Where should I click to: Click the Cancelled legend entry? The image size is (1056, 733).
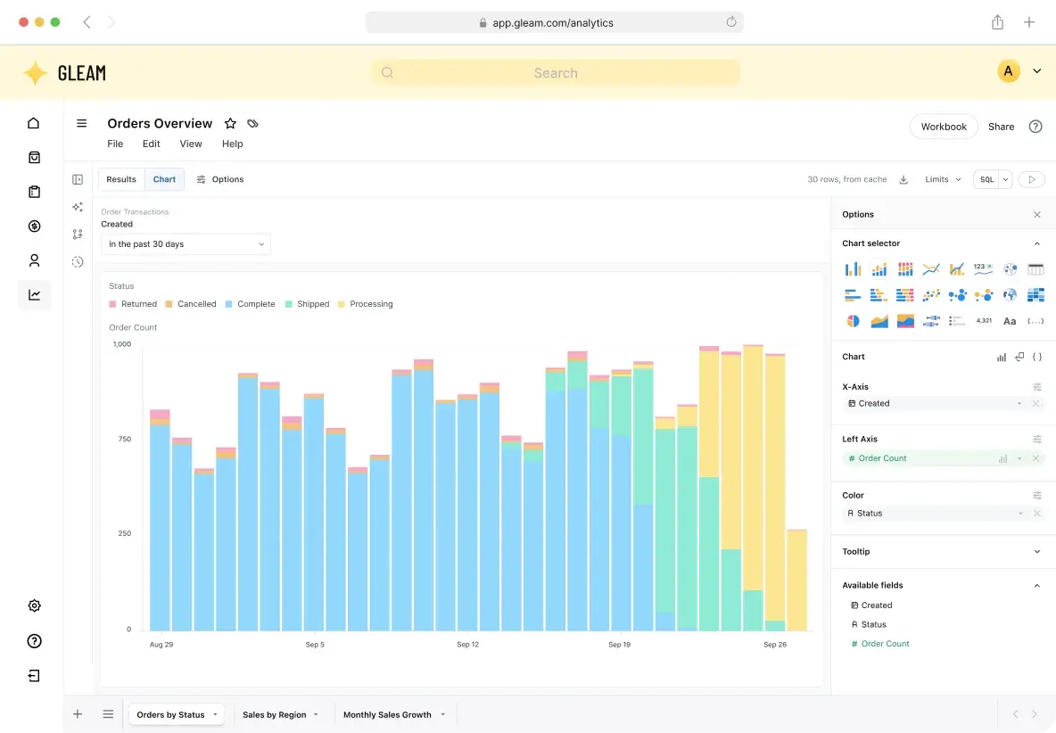point(191,304)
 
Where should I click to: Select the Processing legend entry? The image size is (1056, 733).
point(365,304)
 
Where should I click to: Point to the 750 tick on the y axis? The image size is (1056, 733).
point(125,439)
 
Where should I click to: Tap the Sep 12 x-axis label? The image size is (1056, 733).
point(468,644)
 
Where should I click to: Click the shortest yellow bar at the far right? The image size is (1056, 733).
point(796,581)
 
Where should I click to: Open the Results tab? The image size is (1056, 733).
point(121,179)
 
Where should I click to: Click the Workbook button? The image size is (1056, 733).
point(944,127)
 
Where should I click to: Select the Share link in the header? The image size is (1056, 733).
point(1001,127)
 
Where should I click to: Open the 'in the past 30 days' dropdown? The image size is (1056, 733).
point(186,243)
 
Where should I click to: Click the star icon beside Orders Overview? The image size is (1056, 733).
point(230,123)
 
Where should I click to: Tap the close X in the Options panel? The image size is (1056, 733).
point(1037,215)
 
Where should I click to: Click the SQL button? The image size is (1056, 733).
point(986,180)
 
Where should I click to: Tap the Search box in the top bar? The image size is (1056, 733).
point(555,73)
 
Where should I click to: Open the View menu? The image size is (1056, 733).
point(191,144)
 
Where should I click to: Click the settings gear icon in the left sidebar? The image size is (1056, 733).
point(35,605)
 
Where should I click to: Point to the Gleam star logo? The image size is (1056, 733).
point(35,73)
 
